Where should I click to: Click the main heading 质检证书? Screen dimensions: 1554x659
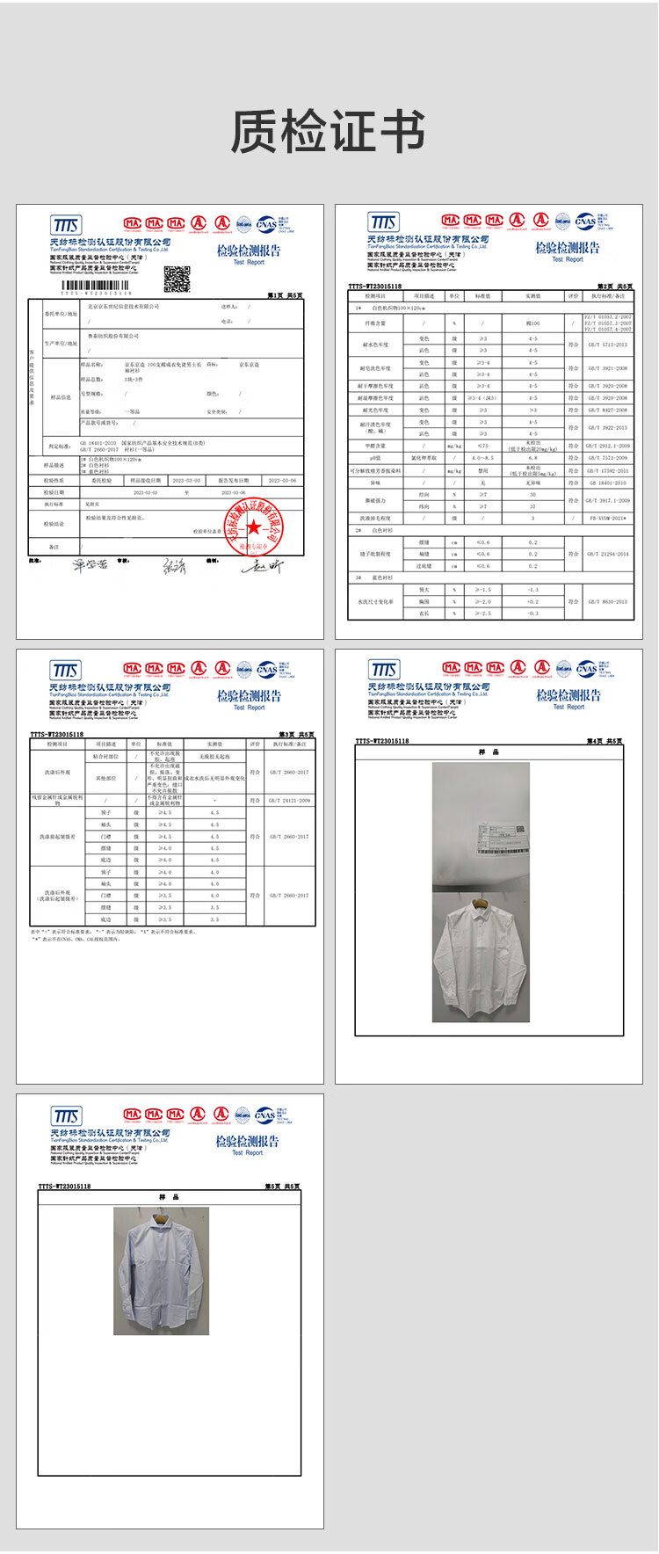328,132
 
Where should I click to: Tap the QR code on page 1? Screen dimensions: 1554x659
177,278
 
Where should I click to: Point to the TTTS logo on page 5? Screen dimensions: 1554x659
66,1116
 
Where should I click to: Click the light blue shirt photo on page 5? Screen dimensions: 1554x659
161,1271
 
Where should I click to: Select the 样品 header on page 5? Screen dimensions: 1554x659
169,1196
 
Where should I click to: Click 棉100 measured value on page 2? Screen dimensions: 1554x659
532,323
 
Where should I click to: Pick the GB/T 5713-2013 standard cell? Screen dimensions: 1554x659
608,345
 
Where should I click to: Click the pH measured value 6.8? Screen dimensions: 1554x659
532,458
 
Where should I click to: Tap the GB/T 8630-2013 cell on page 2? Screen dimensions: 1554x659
608,601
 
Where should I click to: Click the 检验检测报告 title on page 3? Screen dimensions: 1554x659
249,695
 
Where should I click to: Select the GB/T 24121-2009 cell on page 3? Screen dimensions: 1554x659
289,801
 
